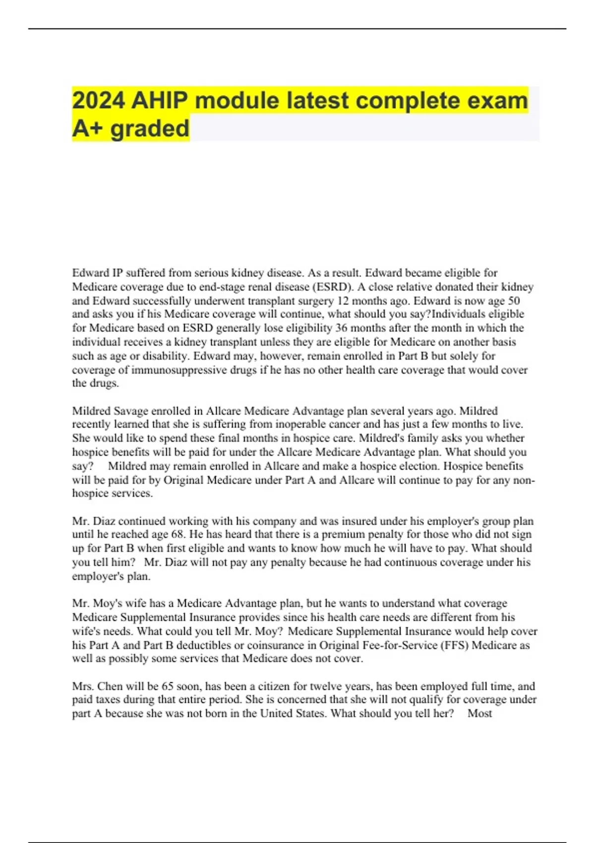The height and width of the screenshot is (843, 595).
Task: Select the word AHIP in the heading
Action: pyautogui.click(x=160, y=101)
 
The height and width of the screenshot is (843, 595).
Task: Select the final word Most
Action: pyautogui.click(x=479, y=714)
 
